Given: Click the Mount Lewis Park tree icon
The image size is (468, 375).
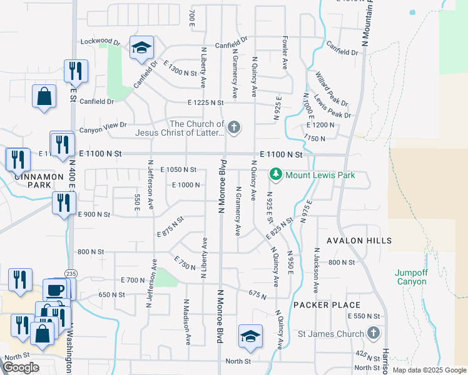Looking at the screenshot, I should pos(275,174).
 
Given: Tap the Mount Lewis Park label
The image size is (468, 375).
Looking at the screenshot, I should pos(320,175).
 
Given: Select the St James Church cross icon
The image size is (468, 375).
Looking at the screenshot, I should pos(374,332).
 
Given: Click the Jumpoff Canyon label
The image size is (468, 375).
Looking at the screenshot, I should pos(410,277).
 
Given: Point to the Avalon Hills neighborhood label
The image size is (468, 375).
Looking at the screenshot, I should pos(360,241).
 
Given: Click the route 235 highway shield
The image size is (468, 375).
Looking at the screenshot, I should pos(71,273).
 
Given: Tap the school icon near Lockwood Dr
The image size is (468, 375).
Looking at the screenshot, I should pos(141,47).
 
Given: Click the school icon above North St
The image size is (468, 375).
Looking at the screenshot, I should pos(250,336).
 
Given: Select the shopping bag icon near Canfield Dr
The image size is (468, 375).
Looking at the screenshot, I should pos(44,97).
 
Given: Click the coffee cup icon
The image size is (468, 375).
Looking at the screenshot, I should pos(56,289).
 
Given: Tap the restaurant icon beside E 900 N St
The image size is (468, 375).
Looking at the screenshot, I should pos(64,203).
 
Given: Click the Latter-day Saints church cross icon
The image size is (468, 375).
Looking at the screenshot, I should pos(234,128).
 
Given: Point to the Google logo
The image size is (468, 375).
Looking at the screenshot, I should pos(21,367).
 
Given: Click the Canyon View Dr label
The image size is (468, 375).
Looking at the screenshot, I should pos(103,131).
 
